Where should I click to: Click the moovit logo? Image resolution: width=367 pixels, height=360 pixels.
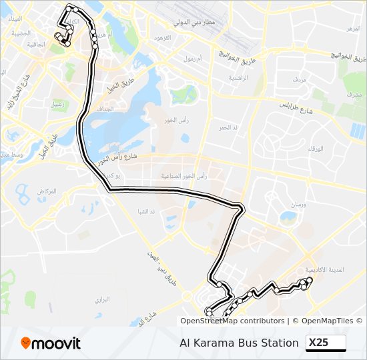[51, 343]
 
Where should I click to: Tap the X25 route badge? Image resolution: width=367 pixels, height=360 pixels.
[326, 343]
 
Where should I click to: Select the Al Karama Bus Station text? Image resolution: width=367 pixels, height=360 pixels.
[239, 343]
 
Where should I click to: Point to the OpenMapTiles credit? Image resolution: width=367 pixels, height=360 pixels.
[328, 321]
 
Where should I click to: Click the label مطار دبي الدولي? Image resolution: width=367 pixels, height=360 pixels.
[194, 23]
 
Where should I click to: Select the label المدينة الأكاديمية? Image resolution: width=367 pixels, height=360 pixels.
[324, 270]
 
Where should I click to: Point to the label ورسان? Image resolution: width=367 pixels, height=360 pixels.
[298, 205]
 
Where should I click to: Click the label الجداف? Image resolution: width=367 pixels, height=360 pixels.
[104, 108]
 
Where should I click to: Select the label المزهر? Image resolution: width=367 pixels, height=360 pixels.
[353, 29]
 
